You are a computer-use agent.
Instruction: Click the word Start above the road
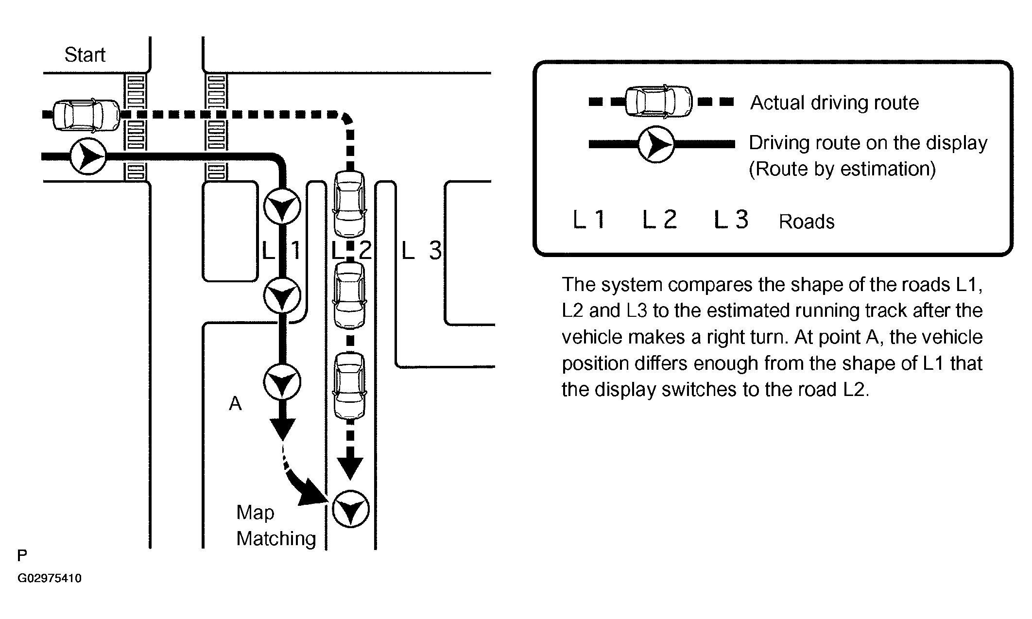(x=85, y=55)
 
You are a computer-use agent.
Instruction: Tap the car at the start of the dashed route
(x=86, y=115)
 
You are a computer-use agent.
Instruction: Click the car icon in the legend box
(x=658, y=102)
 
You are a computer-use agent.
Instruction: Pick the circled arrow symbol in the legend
(x=655, y=144)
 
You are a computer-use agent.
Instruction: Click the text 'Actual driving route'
(x=835, y=103)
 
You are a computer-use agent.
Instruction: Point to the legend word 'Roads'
(x=807, y=222)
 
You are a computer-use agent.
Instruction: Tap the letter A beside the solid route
(x=235, y=403)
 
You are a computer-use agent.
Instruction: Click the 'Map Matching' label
(x=276, y=526)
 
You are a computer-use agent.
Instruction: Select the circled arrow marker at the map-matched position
(x=350, y=510)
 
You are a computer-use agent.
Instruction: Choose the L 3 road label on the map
(x=422, y=251)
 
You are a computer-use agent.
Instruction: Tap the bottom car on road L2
(x=349, y=386)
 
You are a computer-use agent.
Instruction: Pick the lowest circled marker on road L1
(x=282, y=382)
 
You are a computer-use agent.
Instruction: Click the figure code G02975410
(x=50, y=579)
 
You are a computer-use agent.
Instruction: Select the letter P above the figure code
(x=22, y=555)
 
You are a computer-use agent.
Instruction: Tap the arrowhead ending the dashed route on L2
(x=350, y=468)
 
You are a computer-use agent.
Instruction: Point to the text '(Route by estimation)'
(x=842, y=169)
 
